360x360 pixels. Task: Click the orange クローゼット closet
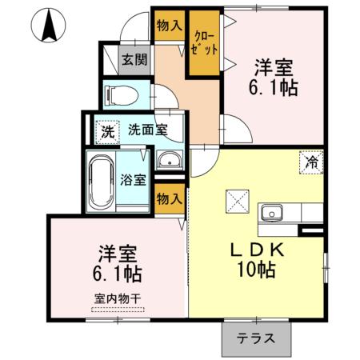[x=203, y=44]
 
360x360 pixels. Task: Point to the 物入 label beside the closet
[x=169, y=27]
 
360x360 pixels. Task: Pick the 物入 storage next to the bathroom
[x=169, y=198]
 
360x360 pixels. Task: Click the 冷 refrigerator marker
[x=311, y=161]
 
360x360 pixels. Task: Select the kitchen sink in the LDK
[x=272, y=213]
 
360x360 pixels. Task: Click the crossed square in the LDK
[x=237, y=199]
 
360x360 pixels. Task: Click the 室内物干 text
[x=117, y=299]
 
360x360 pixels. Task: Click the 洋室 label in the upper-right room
[x=275, y=65]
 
